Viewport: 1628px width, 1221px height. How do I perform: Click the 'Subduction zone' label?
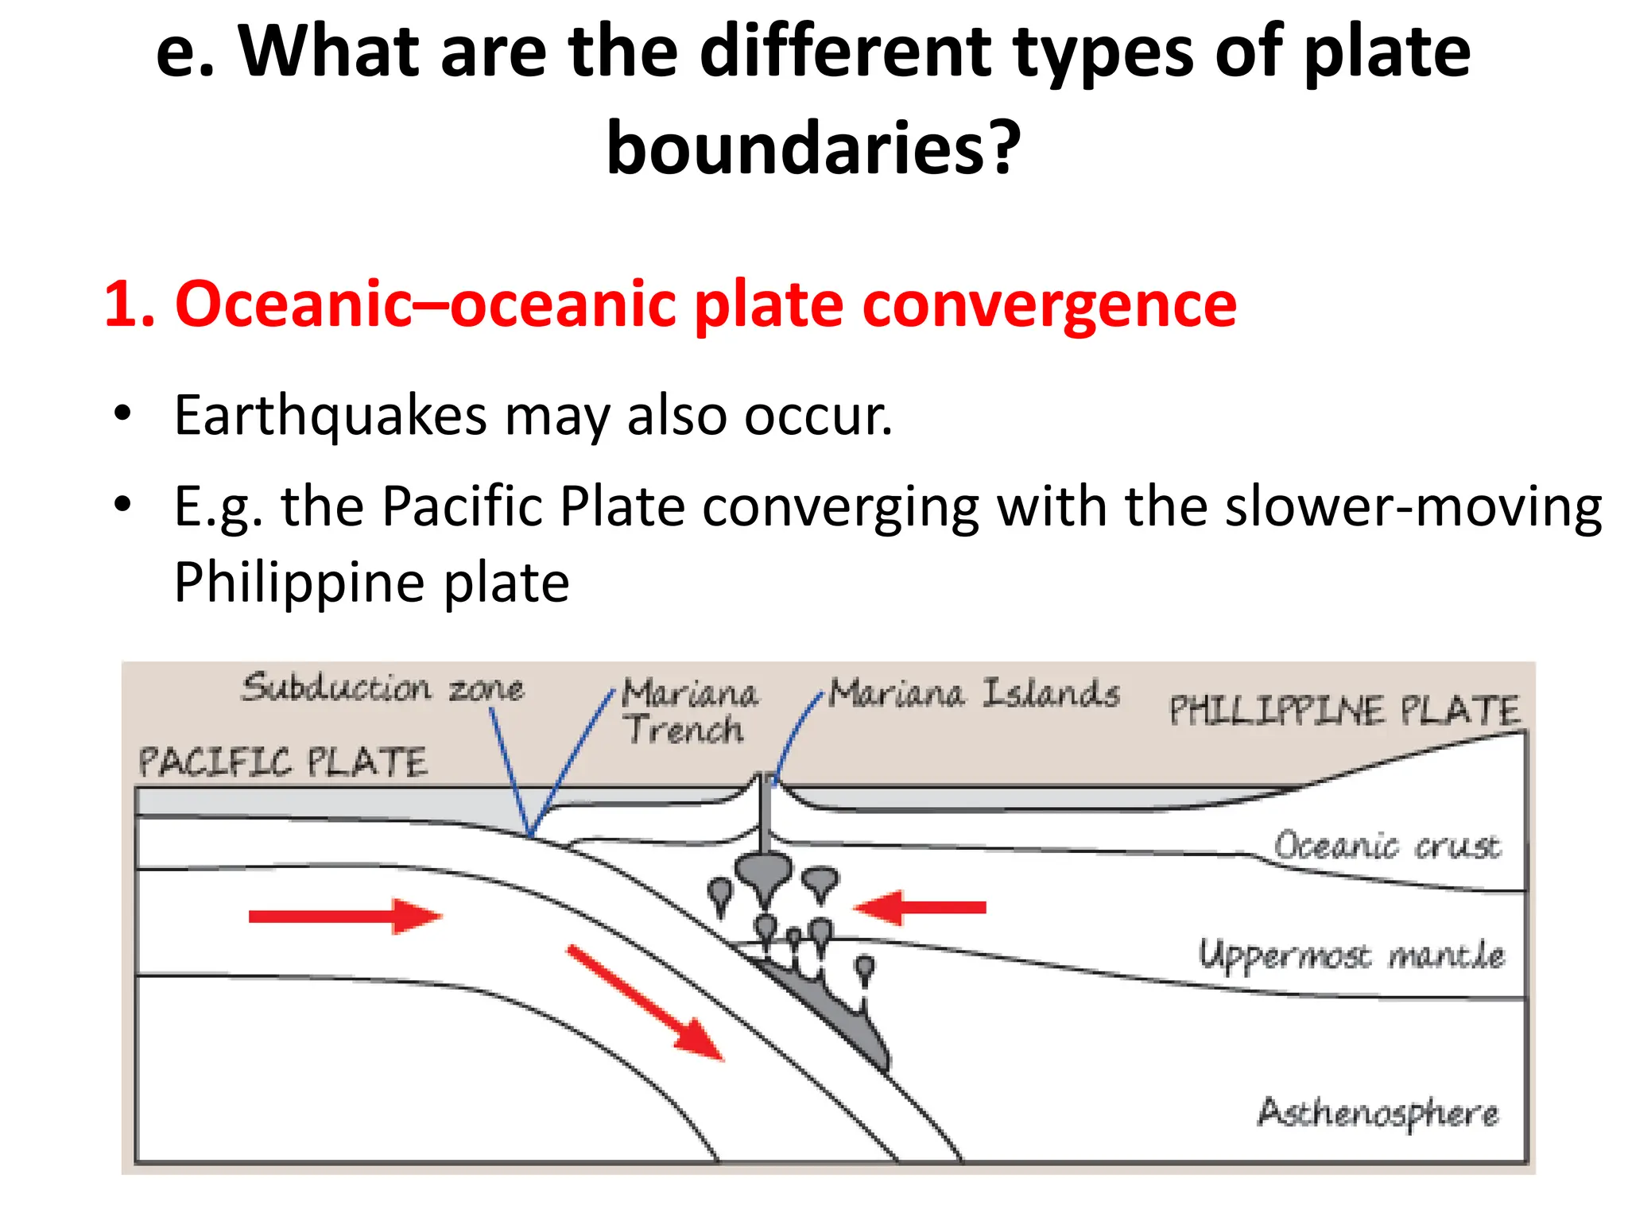[x=382, y=688]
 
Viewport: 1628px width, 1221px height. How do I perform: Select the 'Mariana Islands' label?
[x=974, y=693]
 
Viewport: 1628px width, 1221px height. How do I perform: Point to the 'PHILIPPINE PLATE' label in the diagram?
[x=1343, y=710]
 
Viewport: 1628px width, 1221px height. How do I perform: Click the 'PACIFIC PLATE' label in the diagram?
[x=282, y=762]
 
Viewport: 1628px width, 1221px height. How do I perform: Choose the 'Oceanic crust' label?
[x=1387, y=846]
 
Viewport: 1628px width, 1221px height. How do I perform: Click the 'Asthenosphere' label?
[x=1378, y=1113]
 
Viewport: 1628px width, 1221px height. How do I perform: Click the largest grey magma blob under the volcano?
[x=764, y=870]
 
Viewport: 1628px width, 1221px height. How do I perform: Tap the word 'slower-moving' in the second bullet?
[x=1413, y=506]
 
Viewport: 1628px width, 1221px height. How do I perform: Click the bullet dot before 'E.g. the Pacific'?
[x=122, y=504]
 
